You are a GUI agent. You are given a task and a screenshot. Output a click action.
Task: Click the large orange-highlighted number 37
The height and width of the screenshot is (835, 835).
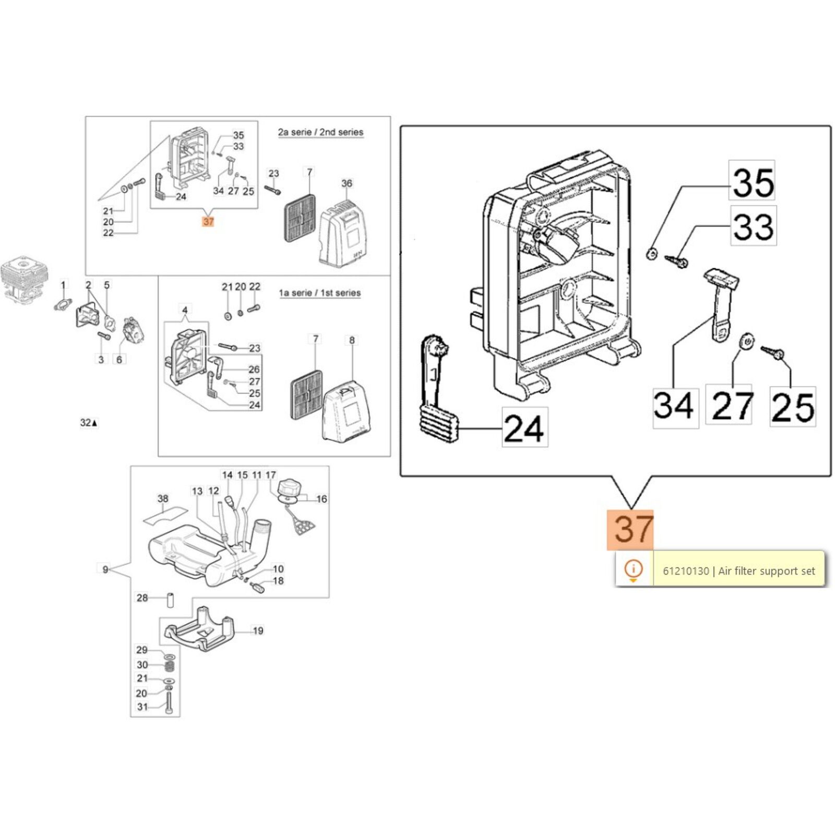pos(630,530)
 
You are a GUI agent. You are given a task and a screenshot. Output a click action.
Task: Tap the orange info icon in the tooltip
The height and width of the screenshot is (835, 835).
pos(634,569)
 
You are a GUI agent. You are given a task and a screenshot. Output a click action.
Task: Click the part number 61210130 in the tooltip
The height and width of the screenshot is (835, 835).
pos(686,571)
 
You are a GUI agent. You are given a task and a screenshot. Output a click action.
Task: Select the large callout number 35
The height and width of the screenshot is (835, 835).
pos(752,181)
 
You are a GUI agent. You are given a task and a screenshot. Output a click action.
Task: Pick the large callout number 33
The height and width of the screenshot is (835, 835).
pos(753,226)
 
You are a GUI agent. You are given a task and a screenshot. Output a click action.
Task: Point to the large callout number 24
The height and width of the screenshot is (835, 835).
pos(525,427)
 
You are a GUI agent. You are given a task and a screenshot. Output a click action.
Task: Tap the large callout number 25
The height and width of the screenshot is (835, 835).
pos(793,407)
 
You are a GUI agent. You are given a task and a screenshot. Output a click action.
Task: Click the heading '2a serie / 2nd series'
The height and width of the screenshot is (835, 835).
pos(320,133)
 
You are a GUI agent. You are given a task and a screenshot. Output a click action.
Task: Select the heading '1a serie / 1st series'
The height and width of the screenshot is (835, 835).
pos(319,293)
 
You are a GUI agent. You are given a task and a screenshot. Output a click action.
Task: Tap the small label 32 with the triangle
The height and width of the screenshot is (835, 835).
pos(89,423)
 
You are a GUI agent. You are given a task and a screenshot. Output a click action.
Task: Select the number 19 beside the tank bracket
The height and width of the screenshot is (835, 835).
pos(258,631)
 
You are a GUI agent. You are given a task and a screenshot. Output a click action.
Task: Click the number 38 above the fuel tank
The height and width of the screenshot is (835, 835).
pos(163,499)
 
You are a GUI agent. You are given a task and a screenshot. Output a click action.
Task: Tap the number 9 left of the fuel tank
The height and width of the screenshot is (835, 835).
pos(105,569)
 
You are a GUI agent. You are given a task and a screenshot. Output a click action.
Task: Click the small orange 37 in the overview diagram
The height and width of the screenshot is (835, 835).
pos(208,222)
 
